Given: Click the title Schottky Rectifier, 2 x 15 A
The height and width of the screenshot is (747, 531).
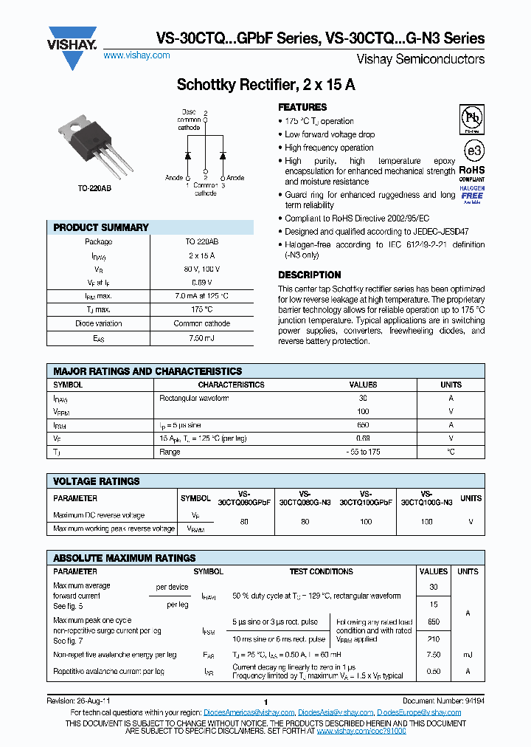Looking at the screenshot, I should click(x=265, y=85).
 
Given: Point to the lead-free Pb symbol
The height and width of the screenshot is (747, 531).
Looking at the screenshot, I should click(x=472, y=118).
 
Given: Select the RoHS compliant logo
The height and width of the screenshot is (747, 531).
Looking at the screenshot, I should click(x=472, y=173).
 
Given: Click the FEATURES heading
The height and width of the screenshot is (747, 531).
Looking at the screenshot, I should click(x=302, y=107).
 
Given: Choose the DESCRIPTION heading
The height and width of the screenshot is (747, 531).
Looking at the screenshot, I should click(x=309, y=275).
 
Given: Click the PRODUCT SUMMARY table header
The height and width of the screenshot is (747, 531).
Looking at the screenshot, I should click(x=101, y=227).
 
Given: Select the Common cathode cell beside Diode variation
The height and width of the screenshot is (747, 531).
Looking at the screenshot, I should click(x=201, y=323).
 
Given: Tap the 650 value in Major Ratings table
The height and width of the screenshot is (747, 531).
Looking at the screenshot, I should click(x=363, y=425).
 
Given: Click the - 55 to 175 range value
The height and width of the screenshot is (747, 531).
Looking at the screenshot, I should click(x=363, y=452).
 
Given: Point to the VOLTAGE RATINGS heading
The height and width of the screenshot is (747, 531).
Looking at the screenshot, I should click(x=97, y=481).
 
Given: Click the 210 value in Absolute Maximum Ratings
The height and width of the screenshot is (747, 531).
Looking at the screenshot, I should click(x=434, y=638).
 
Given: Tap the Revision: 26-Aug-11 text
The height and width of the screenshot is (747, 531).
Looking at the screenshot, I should click(x=78, y=701).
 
